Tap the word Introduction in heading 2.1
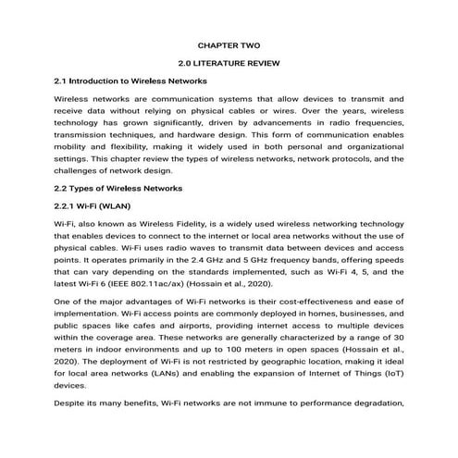(103, 80)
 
